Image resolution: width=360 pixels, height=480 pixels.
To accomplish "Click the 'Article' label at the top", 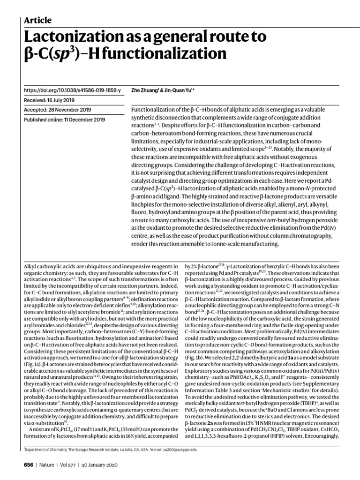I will click(37, 20).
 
